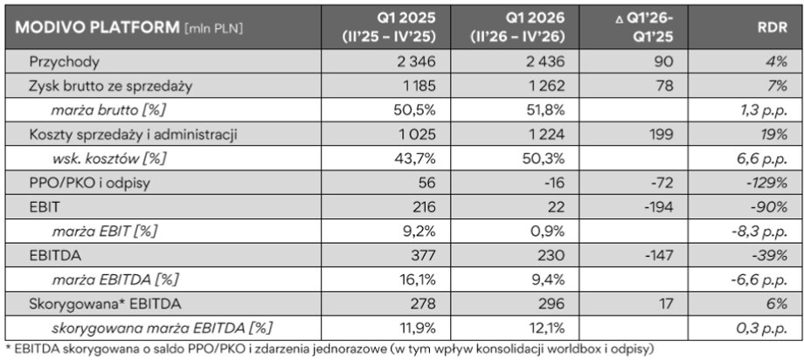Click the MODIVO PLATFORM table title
(x=97, y=27)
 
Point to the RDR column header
(x=773, y=27)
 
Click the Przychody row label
(x=64, y=62)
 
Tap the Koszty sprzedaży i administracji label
(x=134, y=135)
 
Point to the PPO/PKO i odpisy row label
(x=90, y=183)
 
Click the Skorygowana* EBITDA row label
(x=105, y=303)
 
